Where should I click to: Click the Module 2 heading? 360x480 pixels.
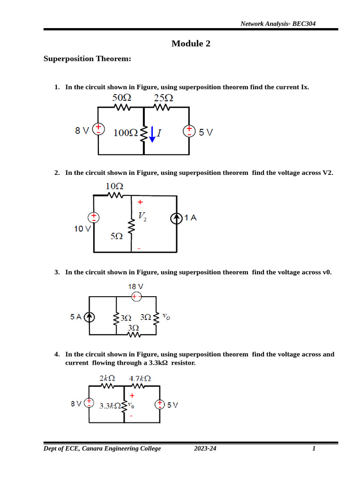191,44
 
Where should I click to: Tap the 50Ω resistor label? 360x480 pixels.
121,98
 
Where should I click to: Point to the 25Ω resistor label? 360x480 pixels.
163,98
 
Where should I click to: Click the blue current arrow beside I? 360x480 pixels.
151,135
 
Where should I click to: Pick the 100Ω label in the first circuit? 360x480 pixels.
126,133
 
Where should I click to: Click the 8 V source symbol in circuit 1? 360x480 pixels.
98,130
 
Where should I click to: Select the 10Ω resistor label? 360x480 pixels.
114,186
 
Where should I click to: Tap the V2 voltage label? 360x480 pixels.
142,216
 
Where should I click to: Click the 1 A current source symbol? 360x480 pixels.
177,218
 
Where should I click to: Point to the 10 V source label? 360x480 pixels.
82,229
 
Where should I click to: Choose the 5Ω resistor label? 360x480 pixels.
117,237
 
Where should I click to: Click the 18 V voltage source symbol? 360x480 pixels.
135,296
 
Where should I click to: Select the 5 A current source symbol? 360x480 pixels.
89,317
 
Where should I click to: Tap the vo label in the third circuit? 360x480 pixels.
166,317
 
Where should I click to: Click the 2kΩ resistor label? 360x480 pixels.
107,378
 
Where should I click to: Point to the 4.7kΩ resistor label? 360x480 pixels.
140,378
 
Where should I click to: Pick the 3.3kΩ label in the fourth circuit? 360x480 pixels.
111,406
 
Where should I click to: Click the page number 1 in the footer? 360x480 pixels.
314,449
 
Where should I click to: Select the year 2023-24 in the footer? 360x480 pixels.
205,449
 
